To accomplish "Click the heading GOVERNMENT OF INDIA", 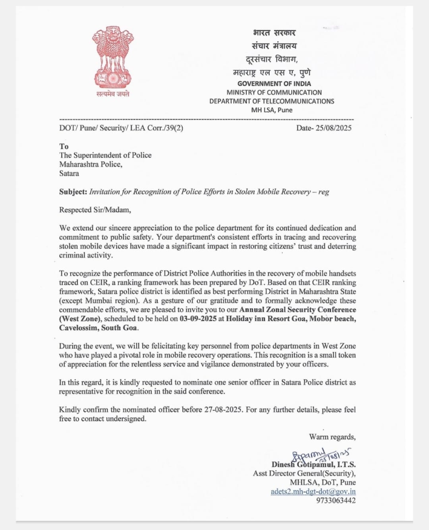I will pyautogui.click(x=274, y=84).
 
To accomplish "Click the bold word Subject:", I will pyautogui.click(x=73, y=192).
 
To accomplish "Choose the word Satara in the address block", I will pyautogui.click(x=69, y=173).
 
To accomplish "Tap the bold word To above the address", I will pyautogui.click(x=64, y=146).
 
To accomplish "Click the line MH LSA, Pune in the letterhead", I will pyautogui.click(x=272, y=110).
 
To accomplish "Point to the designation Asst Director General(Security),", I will pyautogui.click(x=304, y=474).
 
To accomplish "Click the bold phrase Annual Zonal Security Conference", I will pyautogui.click(x=297, y=310).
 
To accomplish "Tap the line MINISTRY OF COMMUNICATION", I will pyautogui.click(x=274, y=92).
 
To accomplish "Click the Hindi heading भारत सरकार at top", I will pyautogui.click(x=274, y=33).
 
